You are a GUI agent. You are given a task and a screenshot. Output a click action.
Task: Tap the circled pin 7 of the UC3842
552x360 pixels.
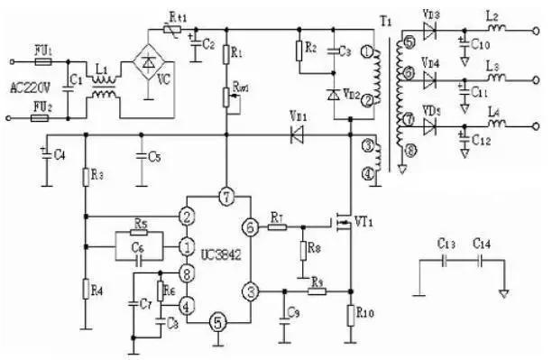(226, 197)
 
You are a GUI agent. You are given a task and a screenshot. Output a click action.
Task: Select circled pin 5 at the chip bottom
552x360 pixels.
(216, 319)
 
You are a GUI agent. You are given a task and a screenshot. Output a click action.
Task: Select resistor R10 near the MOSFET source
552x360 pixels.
(350, 314)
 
